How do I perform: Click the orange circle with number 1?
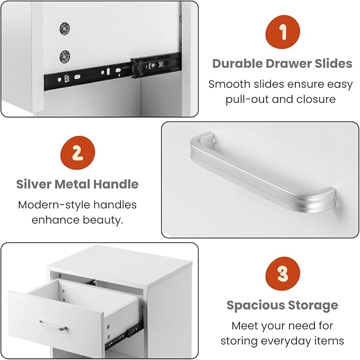click(283, 32)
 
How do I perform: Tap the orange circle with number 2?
click(77, 153)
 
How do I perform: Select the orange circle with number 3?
click(283, 274)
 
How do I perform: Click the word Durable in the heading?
click(238, 64)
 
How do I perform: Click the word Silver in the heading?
click(34, 184)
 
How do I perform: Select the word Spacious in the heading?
click(256, 305)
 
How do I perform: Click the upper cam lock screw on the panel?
click(65, 29)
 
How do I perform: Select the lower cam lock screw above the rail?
click(65, 57)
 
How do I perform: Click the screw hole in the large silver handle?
click(201, 141)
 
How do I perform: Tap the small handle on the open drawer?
click(53, 326)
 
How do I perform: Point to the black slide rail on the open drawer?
click(124, 336)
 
